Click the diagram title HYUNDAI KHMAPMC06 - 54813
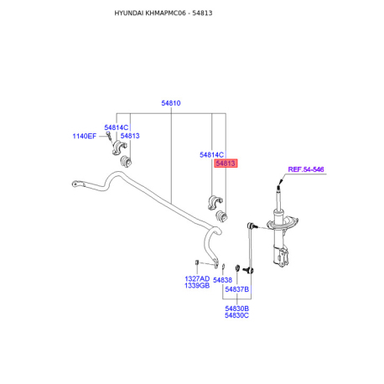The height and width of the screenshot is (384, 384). [163, 13]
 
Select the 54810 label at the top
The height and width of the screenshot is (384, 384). [171, 103]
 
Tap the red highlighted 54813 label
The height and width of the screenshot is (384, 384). [226, 163]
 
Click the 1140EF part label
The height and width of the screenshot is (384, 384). [84, 136]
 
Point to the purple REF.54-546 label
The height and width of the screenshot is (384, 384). [306, 169]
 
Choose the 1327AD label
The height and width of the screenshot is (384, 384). [197, 278]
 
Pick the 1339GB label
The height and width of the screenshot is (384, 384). [197, 285]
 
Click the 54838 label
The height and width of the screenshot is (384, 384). [222, 280]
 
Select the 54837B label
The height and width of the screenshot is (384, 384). [236, 289]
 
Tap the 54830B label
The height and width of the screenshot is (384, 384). [236, 309]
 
